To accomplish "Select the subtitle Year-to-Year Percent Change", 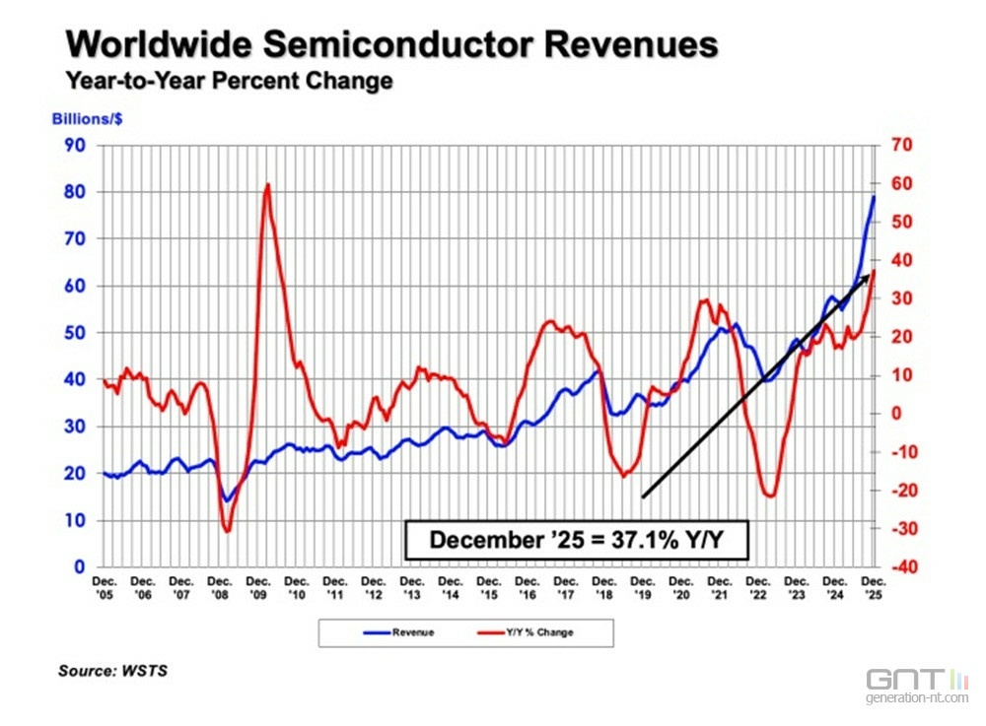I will (x=230, y=81).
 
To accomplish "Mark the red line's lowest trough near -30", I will (x=227, y=531).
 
